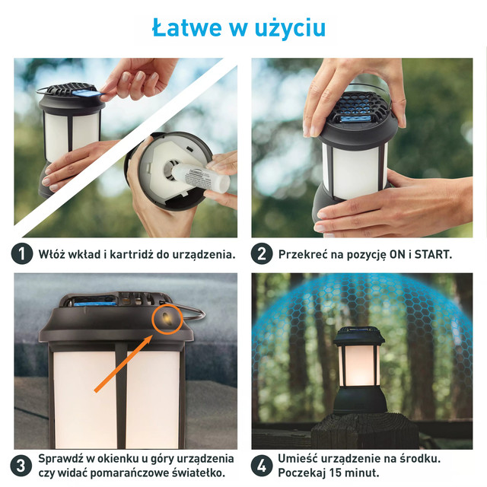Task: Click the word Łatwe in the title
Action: point(187,27)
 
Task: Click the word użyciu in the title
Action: point(290,29)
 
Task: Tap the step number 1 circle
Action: point(22,253)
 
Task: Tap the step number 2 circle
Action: point(262,253)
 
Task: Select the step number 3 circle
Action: point(21,466)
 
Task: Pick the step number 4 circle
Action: point(261,466)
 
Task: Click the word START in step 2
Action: point(433,254)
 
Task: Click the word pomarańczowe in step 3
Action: point(129,473)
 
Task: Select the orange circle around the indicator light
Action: point(167,319)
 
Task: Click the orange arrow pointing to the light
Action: point(123,364)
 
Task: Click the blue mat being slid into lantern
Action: point(87,93)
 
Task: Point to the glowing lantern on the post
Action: point(359,370)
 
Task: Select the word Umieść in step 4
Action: point(298,459)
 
